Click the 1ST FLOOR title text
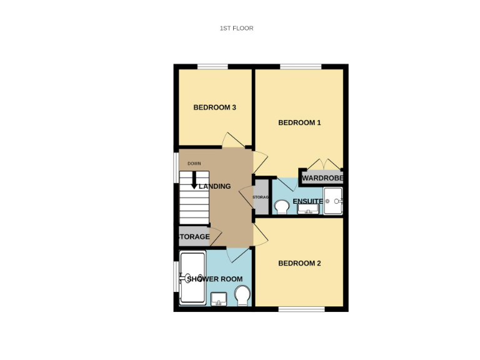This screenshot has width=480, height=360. coord(236,28)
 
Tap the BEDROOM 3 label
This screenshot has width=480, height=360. coord(214,107)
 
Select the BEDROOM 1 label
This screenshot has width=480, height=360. coord(299,122)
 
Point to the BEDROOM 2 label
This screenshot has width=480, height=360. coord(299,263)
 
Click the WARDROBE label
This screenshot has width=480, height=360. coord(322,178)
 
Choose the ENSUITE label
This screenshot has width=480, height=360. coord(307,201)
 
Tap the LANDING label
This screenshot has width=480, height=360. coord(215,186)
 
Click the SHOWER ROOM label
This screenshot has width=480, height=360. coord(214,279)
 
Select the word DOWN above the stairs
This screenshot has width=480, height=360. coord(194,164)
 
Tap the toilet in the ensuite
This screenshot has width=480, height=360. coord(281,206)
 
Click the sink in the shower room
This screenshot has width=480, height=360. coord(219,299)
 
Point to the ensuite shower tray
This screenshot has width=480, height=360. coord(333,201)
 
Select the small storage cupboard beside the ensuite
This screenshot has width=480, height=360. coord(260,197)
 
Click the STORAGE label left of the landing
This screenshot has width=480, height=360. coord(194,237)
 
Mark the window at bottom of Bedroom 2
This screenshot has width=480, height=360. coord(301,309)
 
